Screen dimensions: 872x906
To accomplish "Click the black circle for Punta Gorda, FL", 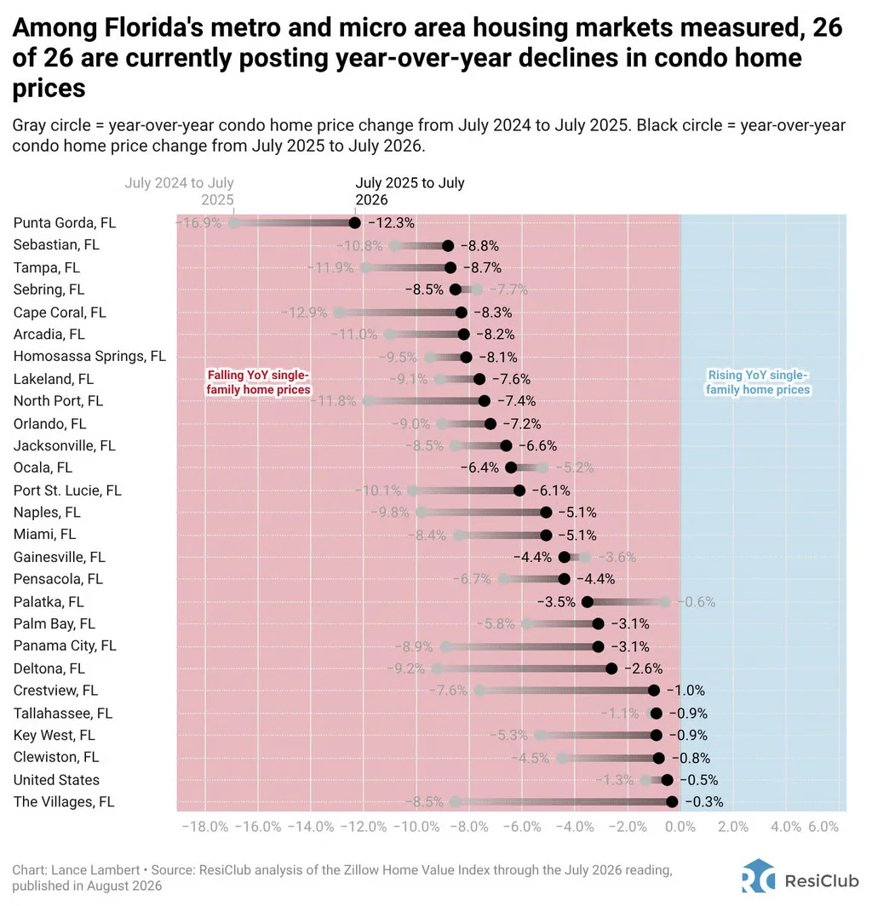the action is [355, 223].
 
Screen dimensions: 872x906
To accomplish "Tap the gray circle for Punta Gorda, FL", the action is [233, 223].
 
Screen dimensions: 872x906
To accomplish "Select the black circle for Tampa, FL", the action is [450, 267].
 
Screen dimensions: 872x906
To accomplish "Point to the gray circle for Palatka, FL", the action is [664, 602].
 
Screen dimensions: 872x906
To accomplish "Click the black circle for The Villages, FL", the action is [672, 802].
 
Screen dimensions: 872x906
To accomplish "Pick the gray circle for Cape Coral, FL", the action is [339, 313].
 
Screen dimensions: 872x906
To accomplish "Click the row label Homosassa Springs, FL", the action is [89, 357].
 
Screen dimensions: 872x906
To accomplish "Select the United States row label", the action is [57, 780].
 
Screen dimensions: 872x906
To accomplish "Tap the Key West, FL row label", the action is [54, 736].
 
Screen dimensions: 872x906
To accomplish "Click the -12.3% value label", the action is [392, 223].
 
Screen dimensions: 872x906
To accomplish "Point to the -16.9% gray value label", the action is [198, 223].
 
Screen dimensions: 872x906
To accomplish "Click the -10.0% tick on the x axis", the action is [416, 827].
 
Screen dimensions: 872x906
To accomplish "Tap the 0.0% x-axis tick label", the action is [680, 827].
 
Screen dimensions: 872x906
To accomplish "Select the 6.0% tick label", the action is [823, 827].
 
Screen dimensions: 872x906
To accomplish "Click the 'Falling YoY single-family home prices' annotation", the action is [258, 382].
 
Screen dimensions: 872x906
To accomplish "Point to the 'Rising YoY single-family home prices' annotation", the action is [758, 382].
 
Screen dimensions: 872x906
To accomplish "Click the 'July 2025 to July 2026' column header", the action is [410, 192].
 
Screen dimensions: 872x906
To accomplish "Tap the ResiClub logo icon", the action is [759, 876].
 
